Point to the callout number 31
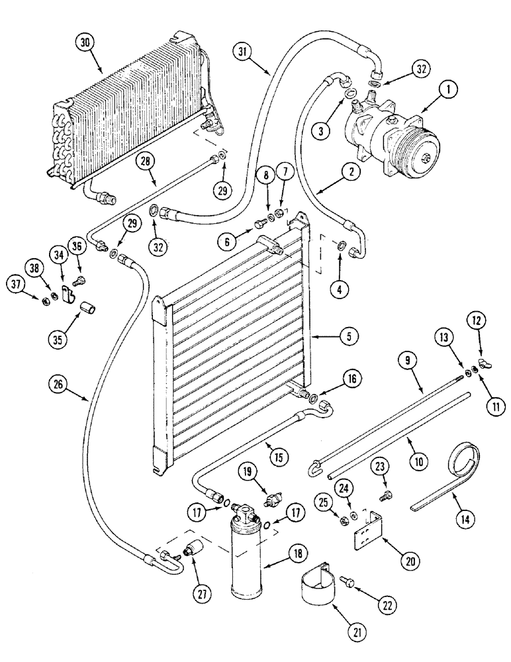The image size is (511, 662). (244, 52)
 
